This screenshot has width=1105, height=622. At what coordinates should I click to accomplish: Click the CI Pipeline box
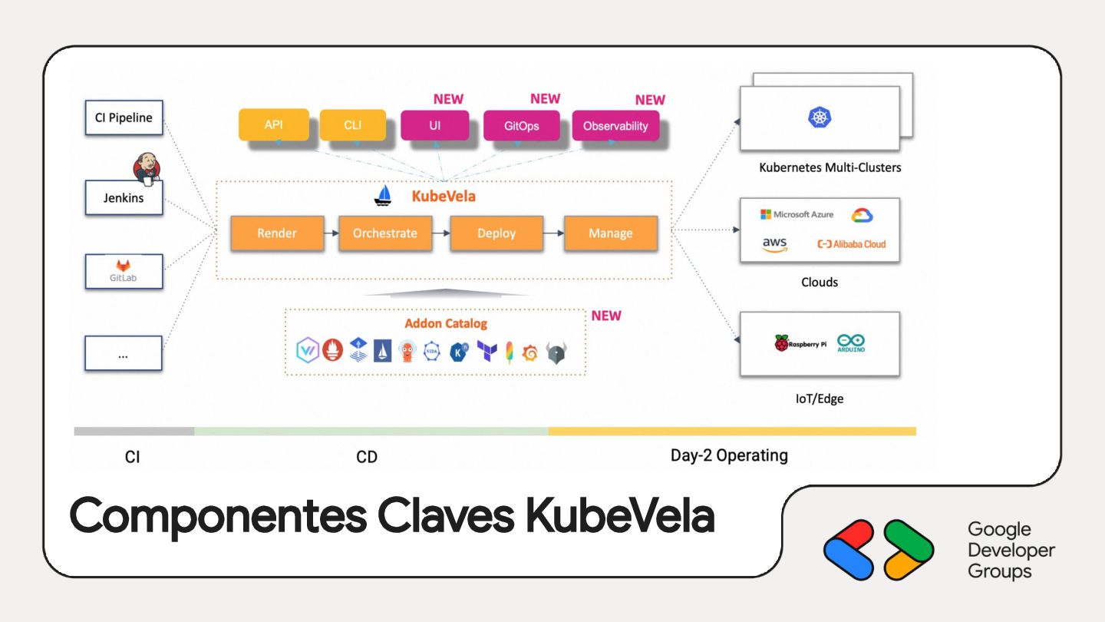(x=124, y=118)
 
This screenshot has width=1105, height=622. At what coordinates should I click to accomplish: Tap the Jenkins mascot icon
(x=146, y=167)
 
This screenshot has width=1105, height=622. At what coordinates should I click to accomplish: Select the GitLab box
(x=124, y=271)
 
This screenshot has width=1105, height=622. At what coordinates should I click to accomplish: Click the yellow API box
(x=274, y=124)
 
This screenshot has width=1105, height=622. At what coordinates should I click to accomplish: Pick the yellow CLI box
(x=353, y=124)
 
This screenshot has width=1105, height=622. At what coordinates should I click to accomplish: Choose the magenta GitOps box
(x=522, y=126)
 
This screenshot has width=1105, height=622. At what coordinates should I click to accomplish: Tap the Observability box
(x=615, y=126)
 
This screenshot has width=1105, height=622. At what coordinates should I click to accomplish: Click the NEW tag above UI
(x=448, y=99)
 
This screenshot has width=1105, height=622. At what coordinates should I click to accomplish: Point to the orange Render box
(x=277, y=233)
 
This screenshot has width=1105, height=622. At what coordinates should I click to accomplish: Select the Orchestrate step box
(x=385, y=233)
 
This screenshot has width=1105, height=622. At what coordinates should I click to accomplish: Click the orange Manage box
(x=611, y=233)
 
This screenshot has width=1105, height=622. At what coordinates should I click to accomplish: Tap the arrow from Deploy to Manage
(x=553, y=233)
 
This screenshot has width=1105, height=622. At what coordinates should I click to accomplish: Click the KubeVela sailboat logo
(x=383, y=196)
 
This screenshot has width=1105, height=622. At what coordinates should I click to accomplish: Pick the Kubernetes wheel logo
(x=820, y=117)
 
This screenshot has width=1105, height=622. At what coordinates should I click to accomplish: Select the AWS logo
(x=775, y=245)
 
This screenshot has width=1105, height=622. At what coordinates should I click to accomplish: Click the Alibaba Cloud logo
(x=852, y=244)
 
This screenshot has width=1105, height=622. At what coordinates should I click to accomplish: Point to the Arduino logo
(x=851, y=343)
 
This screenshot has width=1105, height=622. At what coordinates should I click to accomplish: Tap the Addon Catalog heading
(x=446, y=323)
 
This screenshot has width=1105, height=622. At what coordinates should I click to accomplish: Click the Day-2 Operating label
(x=729, y=455)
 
